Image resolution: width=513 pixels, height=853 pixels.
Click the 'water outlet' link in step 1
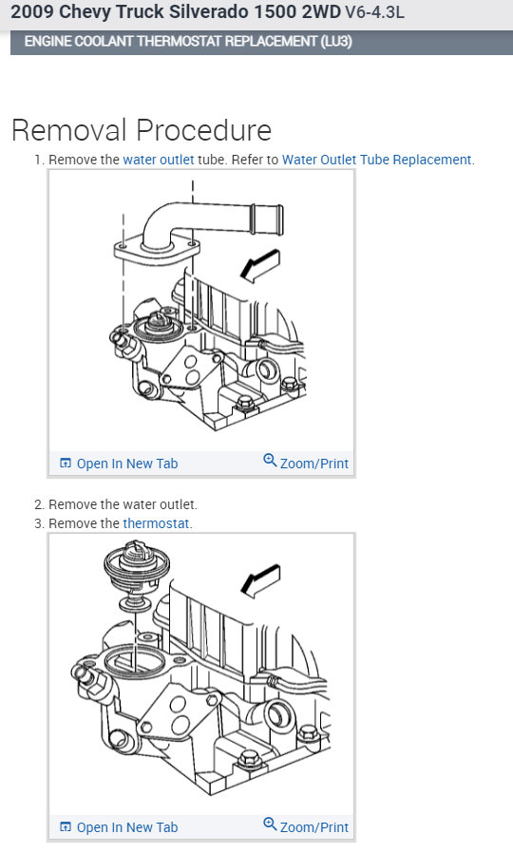coord(159,160)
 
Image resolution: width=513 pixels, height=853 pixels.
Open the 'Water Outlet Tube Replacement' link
coord(376,160)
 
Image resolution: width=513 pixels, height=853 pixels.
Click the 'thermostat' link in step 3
coord(156,523)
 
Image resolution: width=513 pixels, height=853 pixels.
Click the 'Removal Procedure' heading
coord(142,130)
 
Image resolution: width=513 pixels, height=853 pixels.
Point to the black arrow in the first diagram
coord(260,266)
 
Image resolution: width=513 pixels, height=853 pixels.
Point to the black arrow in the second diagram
coord(260,580)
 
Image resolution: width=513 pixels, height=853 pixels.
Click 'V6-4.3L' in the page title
coord(374,12)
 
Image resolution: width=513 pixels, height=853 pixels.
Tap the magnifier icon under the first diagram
coord(270,461)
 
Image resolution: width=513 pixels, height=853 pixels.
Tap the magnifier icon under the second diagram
coord(270,825)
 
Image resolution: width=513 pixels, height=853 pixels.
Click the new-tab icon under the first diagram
coord(66,464)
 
